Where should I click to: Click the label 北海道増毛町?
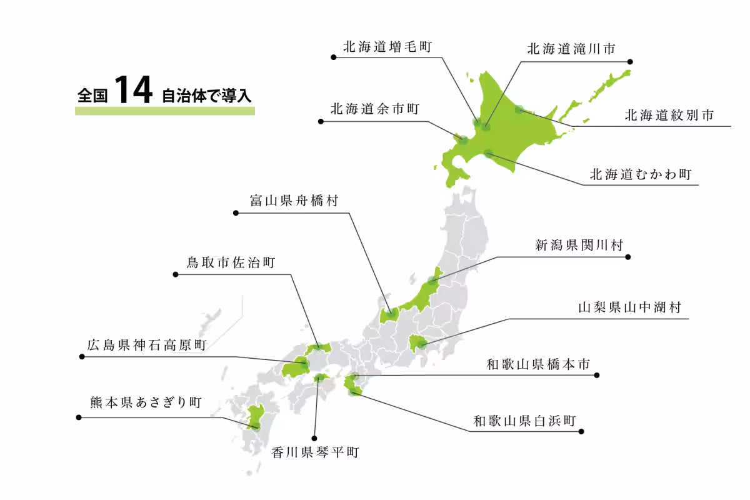click(x=387, y=47)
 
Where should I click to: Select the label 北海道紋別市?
click(x=669, y=116)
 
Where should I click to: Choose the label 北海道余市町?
click(x=374, y=109)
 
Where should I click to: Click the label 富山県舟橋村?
click(x=294, y=201)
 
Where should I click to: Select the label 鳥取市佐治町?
click(x=231, y=262)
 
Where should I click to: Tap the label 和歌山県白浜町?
click(x=524, y=421)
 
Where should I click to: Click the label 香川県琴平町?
click(x=315, y=452)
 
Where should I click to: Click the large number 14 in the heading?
click(x=134, y=92)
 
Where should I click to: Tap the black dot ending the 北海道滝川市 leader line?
click(x=630, y=62)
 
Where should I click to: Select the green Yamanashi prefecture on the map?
click(x=417, y=343)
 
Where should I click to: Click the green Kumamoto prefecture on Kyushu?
click(x=254, y=417)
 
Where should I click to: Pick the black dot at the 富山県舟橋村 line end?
click(x=236, y=213)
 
